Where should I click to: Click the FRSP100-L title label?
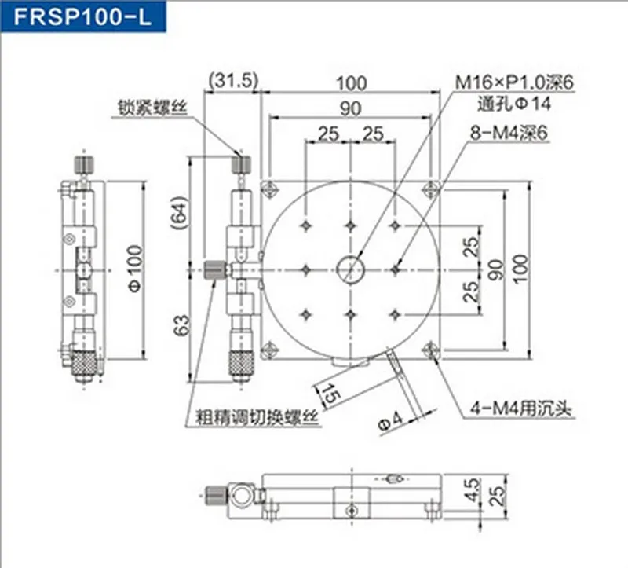(x=82, y=16)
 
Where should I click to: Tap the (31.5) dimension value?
(x=232, y=82)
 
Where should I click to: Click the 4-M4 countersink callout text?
(x=521, y=409)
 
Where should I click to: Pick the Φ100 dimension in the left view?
(x=134, y=269)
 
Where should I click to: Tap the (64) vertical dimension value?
(x=179, y=213)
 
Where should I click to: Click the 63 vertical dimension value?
(x=181, y=325)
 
